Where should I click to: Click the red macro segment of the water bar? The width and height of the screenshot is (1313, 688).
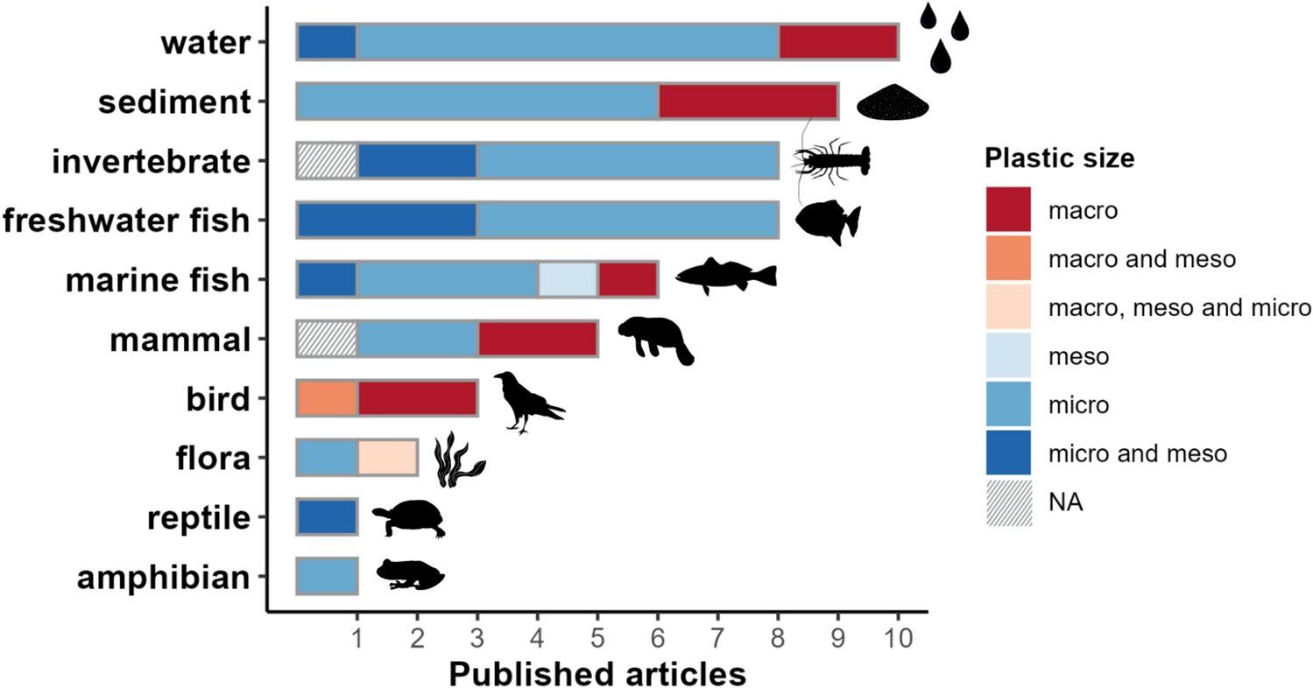(838, 42)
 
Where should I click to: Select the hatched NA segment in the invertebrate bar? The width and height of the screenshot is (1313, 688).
(327, 161)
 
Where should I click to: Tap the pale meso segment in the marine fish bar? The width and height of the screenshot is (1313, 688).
(568, 279)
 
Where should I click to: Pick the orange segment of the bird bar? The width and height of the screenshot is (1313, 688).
(327, 398)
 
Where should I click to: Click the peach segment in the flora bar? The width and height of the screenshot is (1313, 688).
(386, 458)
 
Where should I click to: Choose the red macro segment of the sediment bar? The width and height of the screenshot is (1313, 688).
(748, 102)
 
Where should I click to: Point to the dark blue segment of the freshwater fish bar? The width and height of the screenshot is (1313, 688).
(386, 220)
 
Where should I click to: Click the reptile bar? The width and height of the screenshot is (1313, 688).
(327, 516)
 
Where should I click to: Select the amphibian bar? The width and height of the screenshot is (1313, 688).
(327, 576)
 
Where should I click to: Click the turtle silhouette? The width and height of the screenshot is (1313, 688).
(410, 518)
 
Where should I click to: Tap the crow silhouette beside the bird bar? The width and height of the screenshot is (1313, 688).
(527, 401)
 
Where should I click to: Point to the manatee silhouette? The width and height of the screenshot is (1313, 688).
(656, 340)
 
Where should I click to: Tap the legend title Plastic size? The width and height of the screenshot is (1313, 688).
(1059, 158)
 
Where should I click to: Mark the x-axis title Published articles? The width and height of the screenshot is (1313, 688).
(597, 672)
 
